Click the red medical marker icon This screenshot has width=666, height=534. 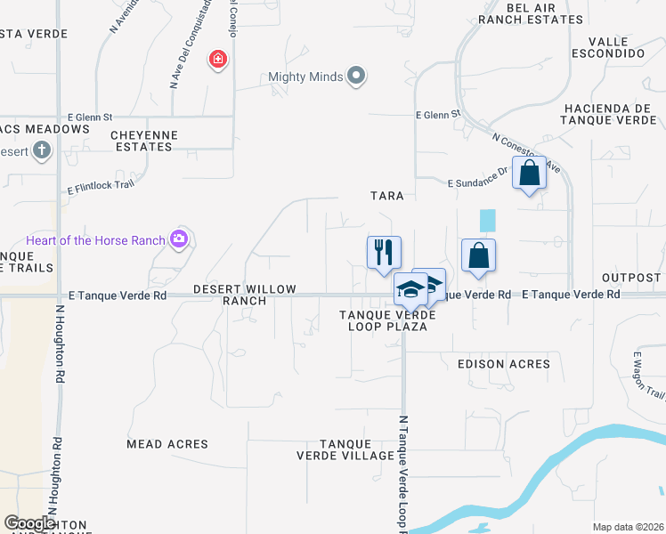[x=216, y=61]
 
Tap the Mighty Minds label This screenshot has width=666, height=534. [x=305, y=77]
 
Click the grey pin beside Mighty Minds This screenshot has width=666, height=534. [x=356, y=76]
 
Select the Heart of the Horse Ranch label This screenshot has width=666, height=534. [x=96, y=240]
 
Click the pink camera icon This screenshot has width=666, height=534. [x=180, y=239]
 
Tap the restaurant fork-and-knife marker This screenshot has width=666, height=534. [x=384, y=252]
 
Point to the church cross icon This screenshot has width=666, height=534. [x=41, y=151]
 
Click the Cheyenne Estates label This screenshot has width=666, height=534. [x=144, y=141]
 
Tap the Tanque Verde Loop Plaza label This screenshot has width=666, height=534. [x=386, y=320]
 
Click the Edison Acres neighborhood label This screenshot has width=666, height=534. [x=503, y=364]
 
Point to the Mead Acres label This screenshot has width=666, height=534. [x=167, y=444]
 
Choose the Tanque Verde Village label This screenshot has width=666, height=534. [x=345, y=449]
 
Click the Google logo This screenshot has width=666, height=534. [x=29, y=523]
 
